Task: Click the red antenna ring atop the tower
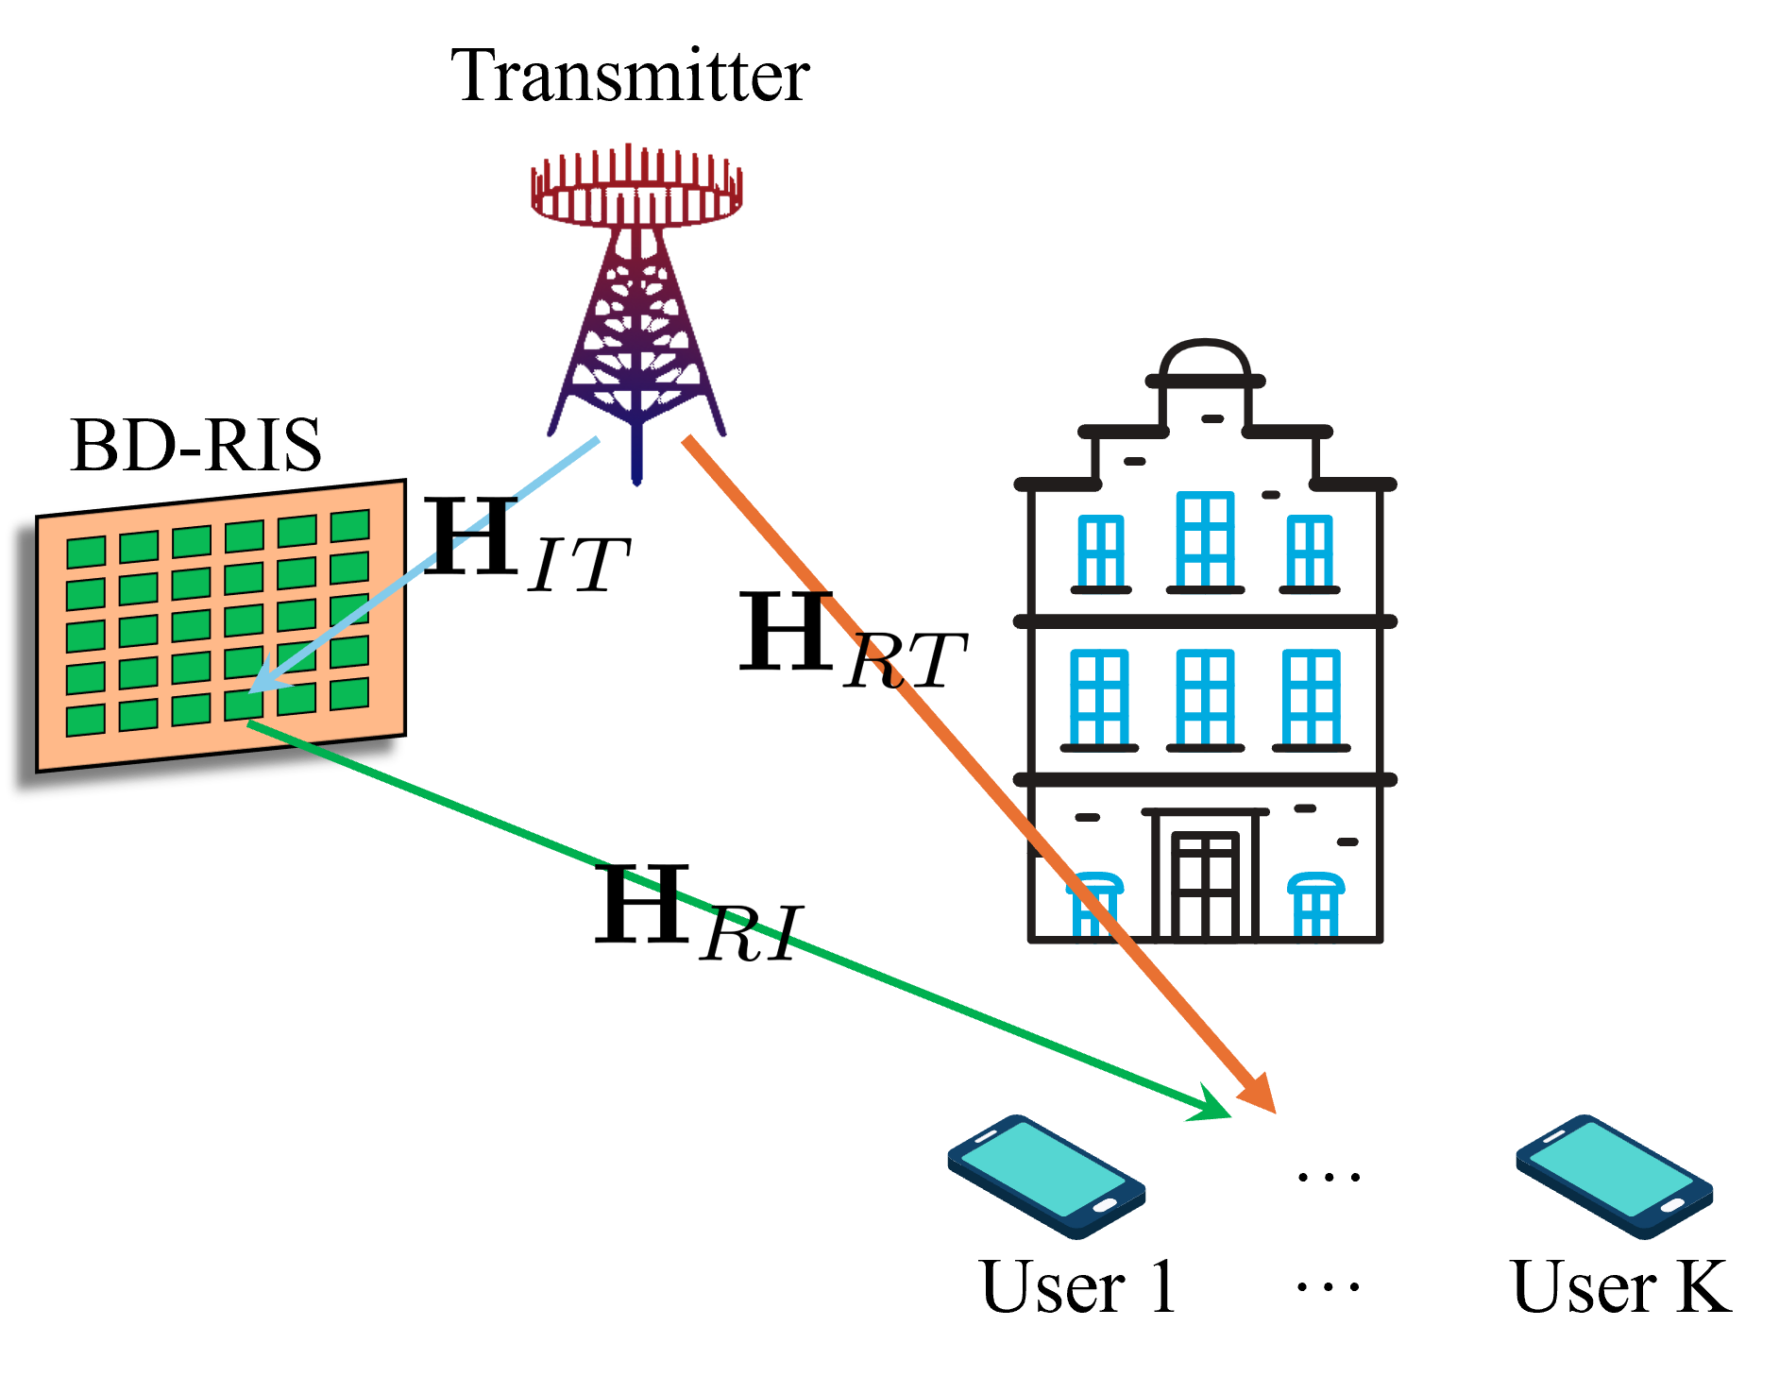(x=636, y=189)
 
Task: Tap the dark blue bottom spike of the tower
(x=637, y=458)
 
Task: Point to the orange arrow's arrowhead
(x=1261, y=1096)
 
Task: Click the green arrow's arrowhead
(x=1211, y=1107)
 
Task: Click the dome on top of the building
(x=1205, y=359)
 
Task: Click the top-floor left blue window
(x=1101, y=552)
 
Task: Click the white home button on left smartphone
(x=1104, y=1205)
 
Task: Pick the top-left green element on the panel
(x=86, y=552)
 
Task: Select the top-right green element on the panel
(x=349, y=526)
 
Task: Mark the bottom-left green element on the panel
(x=86, y=721)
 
